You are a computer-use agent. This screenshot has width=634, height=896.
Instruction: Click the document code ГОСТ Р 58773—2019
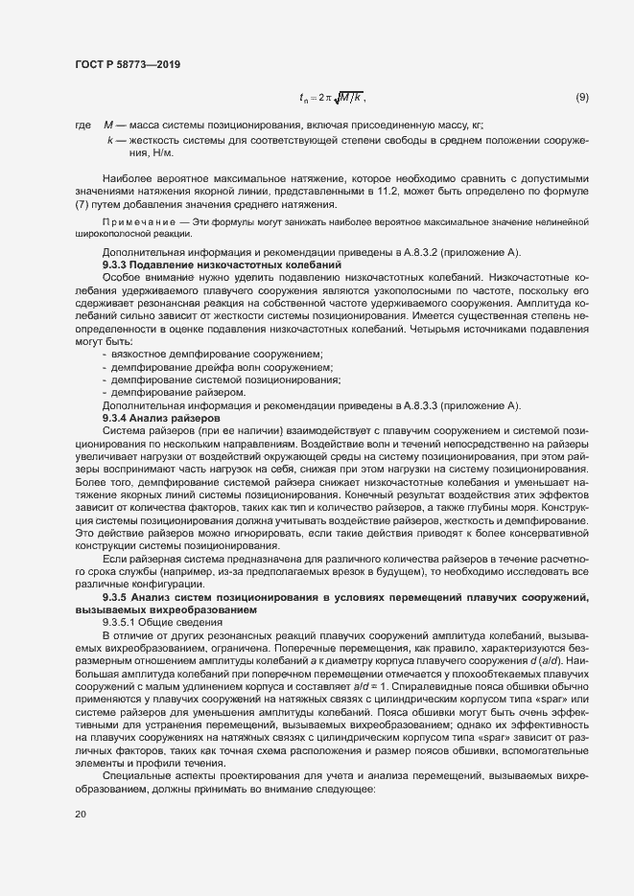(x=128, y=64)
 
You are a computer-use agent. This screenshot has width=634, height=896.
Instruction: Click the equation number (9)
(x=581, y=97)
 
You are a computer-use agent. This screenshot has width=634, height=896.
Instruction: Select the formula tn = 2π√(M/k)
(x=332, y=97)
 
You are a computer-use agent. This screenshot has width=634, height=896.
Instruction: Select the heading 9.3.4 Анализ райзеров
(x=161, y=418)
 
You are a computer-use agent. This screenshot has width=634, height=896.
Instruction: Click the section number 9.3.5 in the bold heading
(x=117, y=597)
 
